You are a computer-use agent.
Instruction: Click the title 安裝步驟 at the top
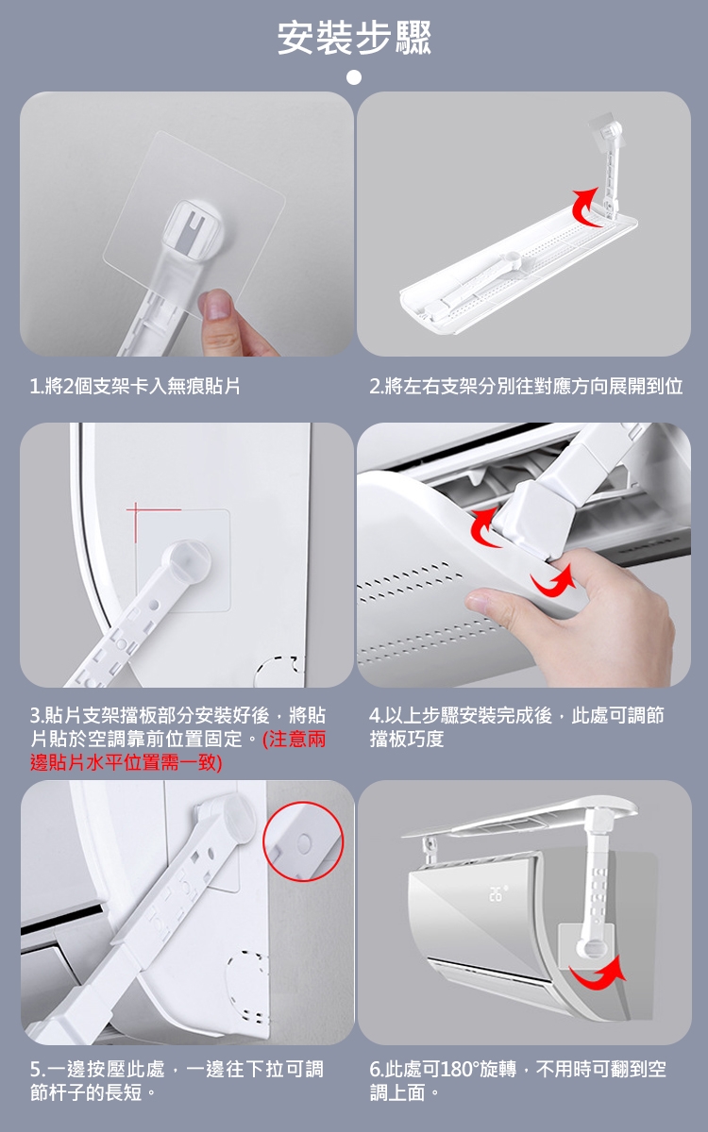[354, 38]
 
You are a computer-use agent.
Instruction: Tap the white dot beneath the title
[354, 77]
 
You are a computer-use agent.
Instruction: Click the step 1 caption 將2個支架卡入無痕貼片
[135, 386]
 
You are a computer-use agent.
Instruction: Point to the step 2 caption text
[526, 386]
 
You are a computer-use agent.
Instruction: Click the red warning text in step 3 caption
[177, 751]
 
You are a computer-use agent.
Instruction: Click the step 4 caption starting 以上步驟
[516, 727]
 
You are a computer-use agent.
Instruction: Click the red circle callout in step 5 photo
[303, 842]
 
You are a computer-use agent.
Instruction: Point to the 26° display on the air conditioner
[497, 893]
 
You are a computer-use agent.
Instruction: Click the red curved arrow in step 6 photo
[597, 981]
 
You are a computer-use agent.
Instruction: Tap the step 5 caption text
[177, 1081]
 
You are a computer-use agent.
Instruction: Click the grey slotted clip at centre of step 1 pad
[194, 230]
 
